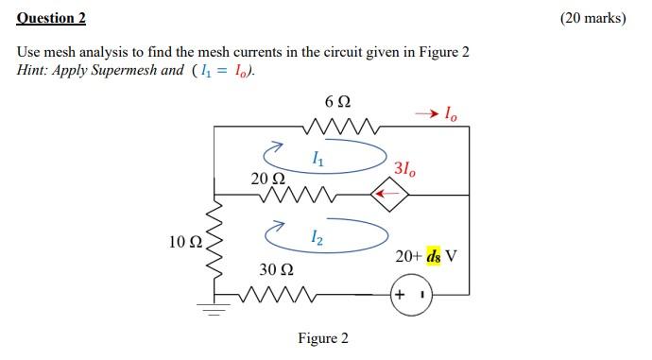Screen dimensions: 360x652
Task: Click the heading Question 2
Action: [x=51, y=17]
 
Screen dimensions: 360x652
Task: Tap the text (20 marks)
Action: [x=592, y=17]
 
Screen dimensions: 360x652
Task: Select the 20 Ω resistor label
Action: [x=267, y=178]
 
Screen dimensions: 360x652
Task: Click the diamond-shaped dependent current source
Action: [x=389, y=196]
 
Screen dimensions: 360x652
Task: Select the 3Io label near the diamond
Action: [x=403, y=170]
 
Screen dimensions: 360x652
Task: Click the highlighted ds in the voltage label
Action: [x=434, y=256]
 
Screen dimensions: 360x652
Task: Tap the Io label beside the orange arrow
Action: [x=452, y=115]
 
